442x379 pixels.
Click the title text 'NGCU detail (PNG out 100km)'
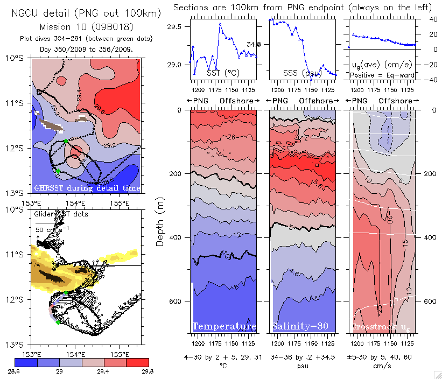[86, 13]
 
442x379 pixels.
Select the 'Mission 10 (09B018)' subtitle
[87, 26]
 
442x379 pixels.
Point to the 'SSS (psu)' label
[298, 72]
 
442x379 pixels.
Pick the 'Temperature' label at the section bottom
[224, 327]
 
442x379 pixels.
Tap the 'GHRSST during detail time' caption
[87, 188]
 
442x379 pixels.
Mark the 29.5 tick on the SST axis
[176, 27]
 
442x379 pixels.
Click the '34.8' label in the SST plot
[254, 44]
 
